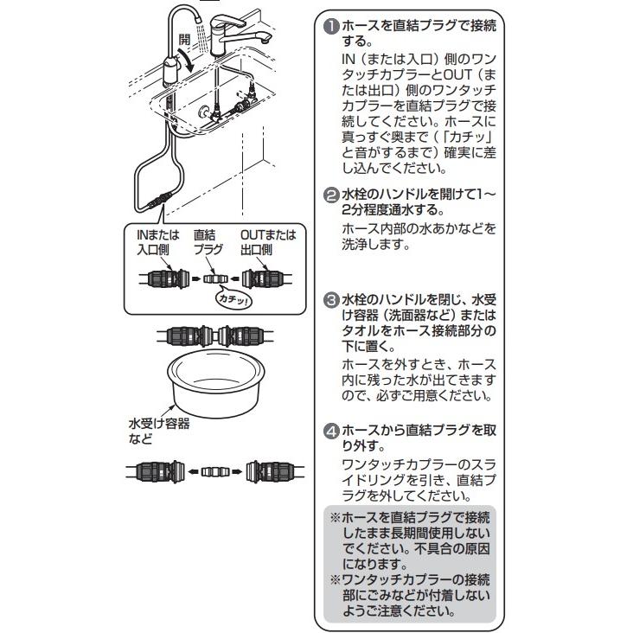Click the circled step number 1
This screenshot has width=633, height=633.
(x=330, y=27)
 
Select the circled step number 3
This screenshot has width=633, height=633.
(x=330, y=300)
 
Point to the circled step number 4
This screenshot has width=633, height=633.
(x=330, y=429)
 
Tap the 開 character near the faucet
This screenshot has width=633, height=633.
(x=183, y=41)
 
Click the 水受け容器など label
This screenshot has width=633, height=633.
(x=158, y=432)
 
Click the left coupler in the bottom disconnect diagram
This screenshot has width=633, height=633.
(x=158, y=471)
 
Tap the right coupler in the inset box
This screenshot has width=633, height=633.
(x=263, y=279)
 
